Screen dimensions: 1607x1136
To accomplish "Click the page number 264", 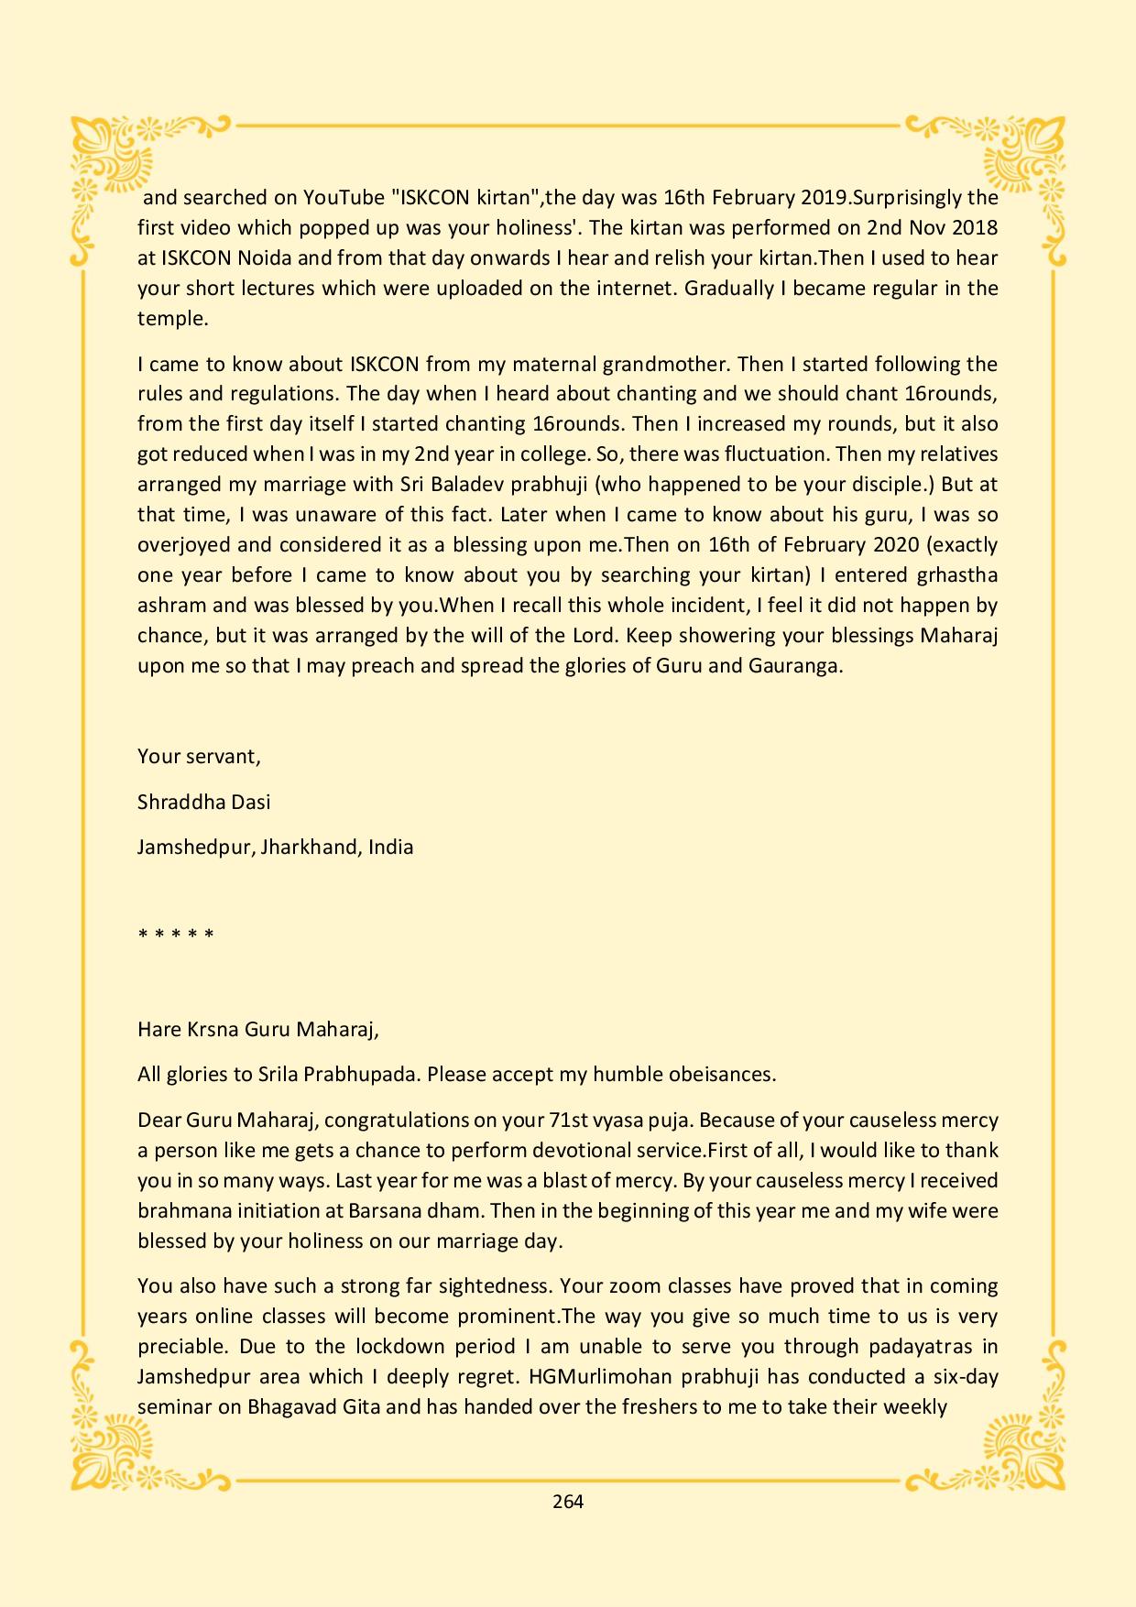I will click(x=568, y=1501).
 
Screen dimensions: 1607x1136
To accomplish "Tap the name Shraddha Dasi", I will click(x=203, y=802).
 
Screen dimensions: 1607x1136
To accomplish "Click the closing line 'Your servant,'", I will click(x=199, y=757).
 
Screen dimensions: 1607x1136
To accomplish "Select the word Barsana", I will click(x=385, y=1210).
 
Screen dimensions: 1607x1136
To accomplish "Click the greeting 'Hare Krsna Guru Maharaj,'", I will click(x=258, y=1029).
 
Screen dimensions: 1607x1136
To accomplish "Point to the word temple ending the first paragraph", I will click(x=172, y=319).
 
